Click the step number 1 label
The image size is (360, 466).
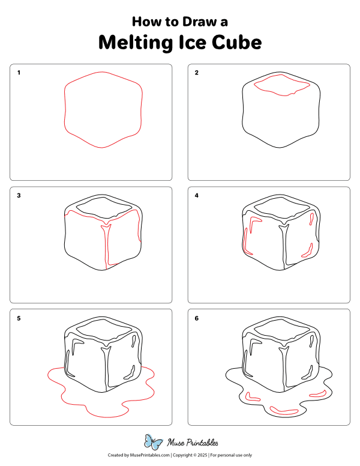click(19, 73)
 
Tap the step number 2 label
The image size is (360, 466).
click(196, 73)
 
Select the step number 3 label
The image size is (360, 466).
click(19, 196)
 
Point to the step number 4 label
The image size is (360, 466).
click(196, 196)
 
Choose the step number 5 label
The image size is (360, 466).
click(19, 318)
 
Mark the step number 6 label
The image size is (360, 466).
click(196, 318)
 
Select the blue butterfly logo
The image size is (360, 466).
click(155, 443)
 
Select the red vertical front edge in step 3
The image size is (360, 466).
click(107, 246)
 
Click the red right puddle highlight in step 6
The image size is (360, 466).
click(317, 394)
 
